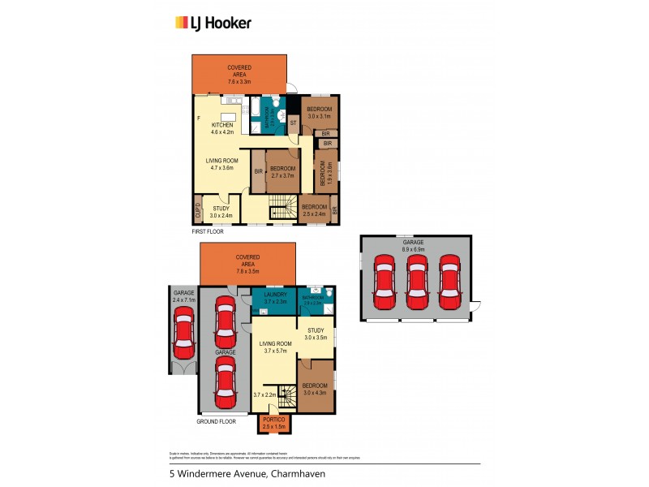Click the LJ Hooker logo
click(213, 23)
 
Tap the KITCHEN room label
click(222, 128)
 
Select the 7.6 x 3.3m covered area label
click(239, 75)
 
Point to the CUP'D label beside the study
click(197, 210)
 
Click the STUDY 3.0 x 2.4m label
click(221, 213)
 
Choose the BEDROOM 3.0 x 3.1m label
click(320, 112)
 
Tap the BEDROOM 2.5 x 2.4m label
click(314, 210)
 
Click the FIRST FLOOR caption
click(208, 232)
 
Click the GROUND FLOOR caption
click(217, 422)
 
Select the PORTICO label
click(273, 423)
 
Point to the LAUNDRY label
click(273, 298)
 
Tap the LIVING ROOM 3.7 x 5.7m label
click(275, 348)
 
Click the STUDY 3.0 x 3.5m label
click(315, 333)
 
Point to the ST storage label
click(293, 123)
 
